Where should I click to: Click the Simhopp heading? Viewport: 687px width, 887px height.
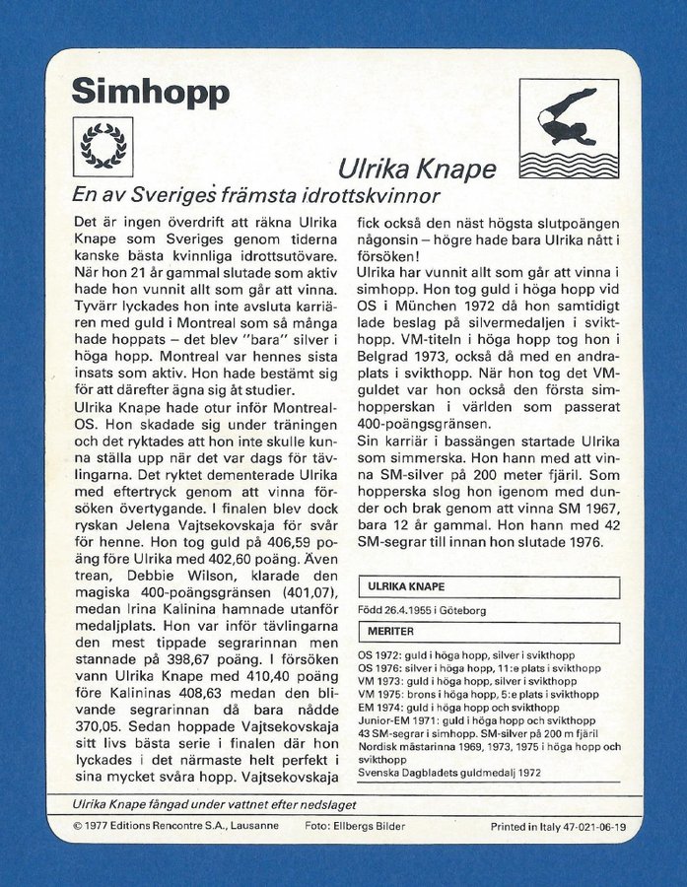150,92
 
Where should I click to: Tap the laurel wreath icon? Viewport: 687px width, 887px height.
103,147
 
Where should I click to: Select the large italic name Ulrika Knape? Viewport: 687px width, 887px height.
417,169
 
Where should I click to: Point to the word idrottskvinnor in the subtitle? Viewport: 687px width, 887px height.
370,195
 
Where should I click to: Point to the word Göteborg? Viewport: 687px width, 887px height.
460,610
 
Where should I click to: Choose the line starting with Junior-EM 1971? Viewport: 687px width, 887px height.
476,720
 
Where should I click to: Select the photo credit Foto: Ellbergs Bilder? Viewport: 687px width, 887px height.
355,826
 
